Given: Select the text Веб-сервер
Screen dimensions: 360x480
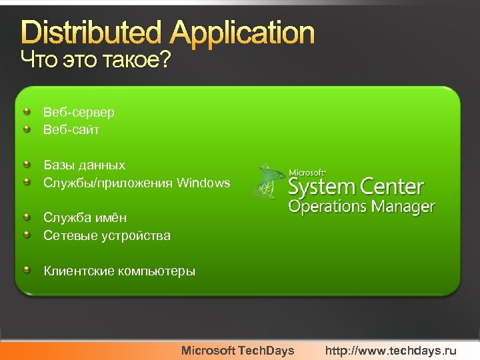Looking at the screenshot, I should tap(79, 112).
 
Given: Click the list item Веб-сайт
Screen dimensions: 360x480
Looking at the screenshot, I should tap(71, 129).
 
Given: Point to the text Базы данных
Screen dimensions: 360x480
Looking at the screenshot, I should tap(84, 165).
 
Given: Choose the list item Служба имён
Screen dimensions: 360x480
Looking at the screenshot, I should tap(85, 217).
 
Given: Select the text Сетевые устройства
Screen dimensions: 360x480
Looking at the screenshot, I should tap(107, 235).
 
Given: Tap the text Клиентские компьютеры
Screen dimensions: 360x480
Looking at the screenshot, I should tap(119, 271).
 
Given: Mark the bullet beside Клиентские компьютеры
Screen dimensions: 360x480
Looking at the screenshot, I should tap(26, 269).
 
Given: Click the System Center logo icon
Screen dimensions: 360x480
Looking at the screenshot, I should tap(268, 181).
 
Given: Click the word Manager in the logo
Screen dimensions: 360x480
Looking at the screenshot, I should tap(403, 207).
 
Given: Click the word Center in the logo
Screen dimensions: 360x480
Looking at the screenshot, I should tap(391, 187).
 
